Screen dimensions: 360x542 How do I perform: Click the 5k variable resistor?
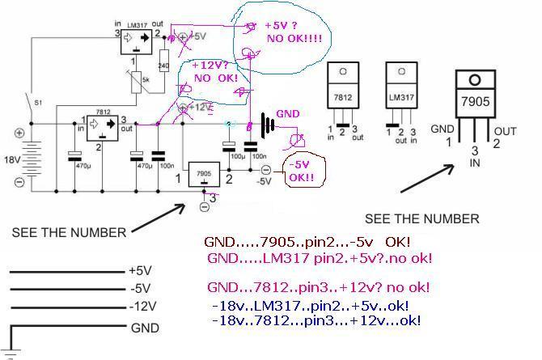click(142, 80)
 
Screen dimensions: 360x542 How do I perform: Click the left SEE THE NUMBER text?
click(69, 232)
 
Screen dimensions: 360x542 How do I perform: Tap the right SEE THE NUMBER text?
click(422, 218)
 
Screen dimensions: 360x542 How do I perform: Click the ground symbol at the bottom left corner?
click(9, 349)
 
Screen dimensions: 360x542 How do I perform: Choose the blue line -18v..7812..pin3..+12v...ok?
click(315, 321)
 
